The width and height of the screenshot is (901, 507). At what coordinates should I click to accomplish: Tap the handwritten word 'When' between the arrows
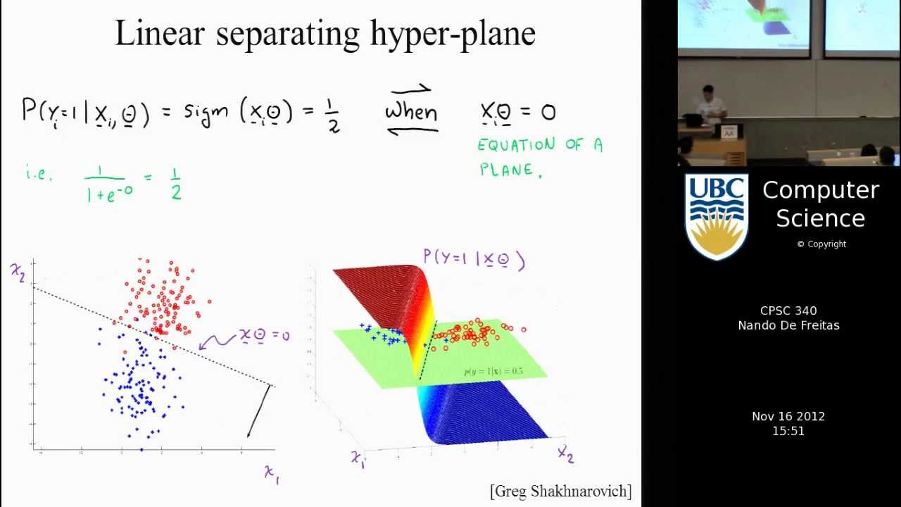(411, 111)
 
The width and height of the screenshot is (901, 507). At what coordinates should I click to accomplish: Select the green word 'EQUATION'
(516, 145)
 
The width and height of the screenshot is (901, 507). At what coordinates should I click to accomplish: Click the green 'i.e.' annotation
(39, 173)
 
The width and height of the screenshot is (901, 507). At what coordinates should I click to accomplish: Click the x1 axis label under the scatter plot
(272, 473)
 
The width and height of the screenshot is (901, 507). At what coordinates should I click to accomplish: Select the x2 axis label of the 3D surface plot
(566, 453)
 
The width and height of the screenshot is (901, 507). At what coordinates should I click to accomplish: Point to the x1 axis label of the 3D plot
(358, 459)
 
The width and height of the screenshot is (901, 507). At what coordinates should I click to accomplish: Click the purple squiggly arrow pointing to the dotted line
(218, 341)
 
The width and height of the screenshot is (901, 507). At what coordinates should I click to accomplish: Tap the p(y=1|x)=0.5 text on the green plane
(493, 371)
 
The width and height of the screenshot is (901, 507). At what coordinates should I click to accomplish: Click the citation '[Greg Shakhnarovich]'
(560, 491)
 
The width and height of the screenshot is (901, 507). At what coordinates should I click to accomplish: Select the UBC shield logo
(716, 215)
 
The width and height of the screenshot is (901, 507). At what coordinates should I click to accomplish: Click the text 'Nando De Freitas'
(788, 325)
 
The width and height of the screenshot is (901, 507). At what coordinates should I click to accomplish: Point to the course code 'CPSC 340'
(788, 311)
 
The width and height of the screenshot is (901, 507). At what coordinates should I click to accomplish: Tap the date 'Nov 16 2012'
(788, 416)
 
